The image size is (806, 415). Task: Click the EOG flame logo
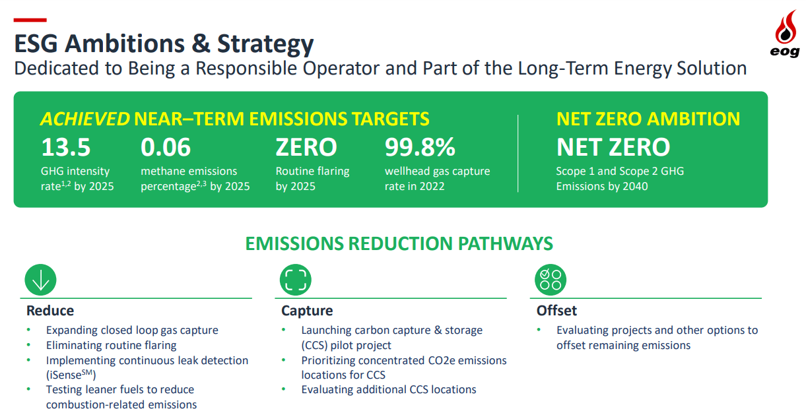(786, 33)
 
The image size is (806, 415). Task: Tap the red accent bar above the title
(30, 20)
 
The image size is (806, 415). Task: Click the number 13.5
(66, 147)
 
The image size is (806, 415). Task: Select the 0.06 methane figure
(166, 147)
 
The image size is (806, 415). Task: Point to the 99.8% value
(420, 147)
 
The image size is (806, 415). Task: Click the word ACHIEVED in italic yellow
(85, 119)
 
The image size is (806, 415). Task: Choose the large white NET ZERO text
(613, 147)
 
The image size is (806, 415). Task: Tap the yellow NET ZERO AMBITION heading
(648, 119)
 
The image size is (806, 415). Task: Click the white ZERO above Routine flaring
(306, 147)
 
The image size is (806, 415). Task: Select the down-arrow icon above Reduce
(41, 280)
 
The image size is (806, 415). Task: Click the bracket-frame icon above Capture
(296, 280)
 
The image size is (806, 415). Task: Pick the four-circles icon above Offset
(551, 280)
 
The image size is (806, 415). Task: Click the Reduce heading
(50, 311)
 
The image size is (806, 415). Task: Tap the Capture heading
(307, 311)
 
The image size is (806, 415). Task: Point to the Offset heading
(556, 311)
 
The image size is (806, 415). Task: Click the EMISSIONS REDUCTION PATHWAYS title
(399, 243)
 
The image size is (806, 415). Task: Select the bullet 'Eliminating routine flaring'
(111, 345)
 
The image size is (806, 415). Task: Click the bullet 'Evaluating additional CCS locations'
(389, 389)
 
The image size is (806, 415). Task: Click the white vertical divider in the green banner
(518, 154)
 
